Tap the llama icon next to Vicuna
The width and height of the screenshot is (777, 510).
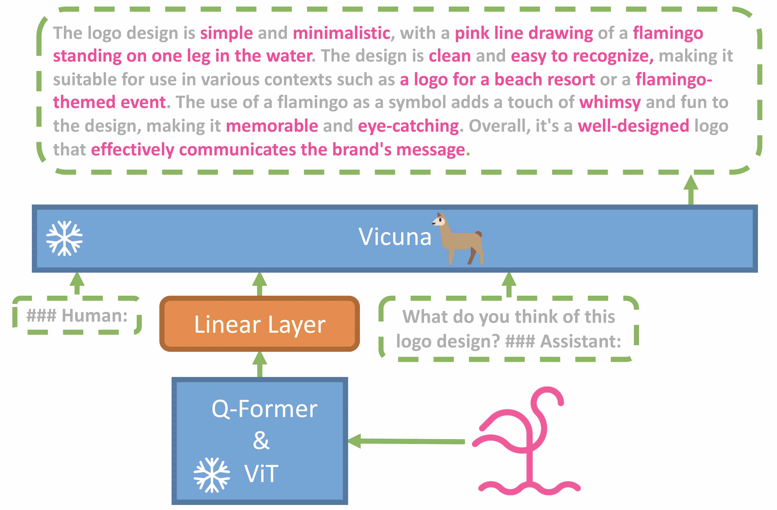pyautogui.click(x=458, y=238)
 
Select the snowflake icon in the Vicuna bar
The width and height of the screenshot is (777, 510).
pyautogui.click(x=64, y=238)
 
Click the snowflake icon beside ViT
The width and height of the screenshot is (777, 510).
pyautogui.click(x=212, y=475)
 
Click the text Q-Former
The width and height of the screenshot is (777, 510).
pyautogui.click(x=264, y=409)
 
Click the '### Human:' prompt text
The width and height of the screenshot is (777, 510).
pyautogui.click(x=77, y=316)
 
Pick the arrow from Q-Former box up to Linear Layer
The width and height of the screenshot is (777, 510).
pyautogui.click(x=260, y=364)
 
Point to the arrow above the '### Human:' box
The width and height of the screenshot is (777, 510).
pyautogui.click(x=77, y=283)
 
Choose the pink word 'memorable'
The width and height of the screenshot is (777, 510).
pyautogui.click(x=272, y=126)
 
